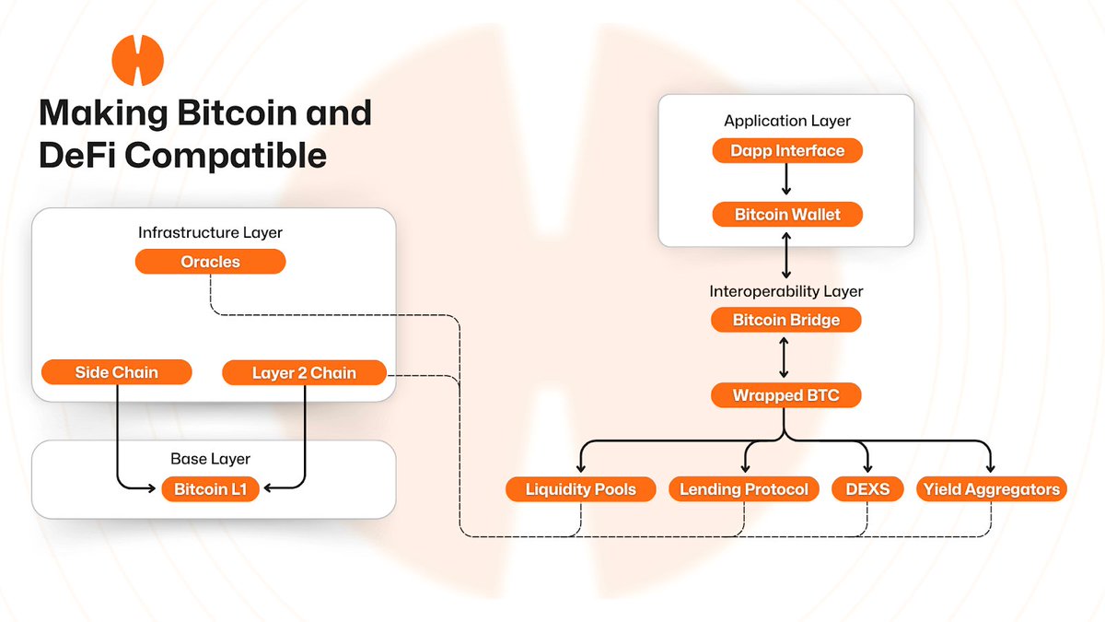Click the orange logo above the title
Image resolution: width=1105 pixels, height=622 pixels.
(x=137, y=61)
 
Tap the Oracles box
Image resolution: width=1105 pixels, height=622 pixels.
(x=210, y=262)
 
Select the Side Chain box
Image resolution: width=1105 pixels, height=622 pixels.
(x=116, y=372)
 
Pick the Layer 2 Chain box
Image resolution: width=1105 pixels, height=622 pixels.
(x=304, y=373)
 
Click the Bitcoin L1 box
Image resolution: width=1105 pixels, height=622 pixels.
(x=210, y=489)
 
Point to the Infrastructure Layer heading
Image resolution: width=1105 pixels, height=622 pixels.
(x=210, y=232)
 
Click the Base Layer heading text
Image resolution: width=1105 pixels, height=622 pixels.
(x=210, y=458)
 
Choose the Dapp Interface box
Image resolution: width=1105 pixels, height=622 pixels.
(x=787, y=150)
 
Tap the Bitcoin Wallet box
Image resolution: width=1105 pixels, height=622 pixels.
(x=787, y=215)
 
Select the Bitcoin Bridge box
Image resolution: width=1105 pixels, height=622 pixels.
(x=787, y=321)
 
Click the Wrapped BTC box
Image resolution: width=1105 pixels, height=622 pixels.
(x=787, y=396)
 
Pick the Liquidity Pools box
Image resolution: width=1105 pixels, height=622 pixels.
(x=580, y=489)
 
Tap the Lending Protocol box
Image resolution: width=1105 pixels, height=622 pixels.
(x=743, y=489)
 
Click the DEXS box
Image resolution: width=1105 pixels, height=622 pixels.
(x=867, y=489)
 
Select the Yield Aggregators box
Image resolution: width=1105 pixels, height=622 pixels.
(x=991, y=489)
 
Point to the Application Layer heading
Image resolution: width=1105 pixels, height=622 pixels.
(x=787, y=121)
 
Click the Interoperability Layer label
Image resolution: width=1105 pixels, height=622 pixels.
(x=787, y=291)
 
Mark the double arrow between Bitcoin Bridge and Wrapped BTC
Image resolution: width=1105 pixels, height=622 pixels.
(x=784, y=358)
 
